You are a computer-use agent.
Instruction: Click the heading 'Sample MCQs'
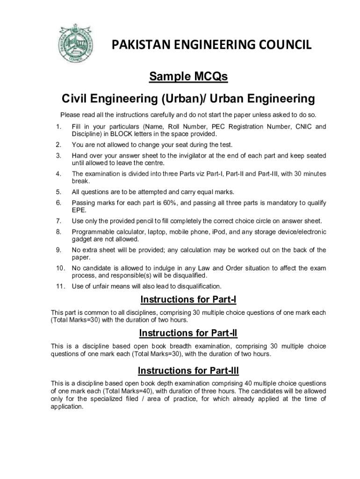pos(188,76)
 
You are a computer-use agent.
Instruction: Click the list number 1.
pos(58,127)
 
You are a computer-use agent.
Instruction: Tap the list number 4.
pos(58,174)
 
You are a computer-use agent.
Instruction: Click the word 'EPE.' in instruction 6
pos(79,210)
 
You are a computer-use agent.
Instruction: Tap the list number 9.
pos(58,250)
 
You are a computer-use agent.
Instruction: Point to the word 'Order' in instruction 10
pos(237,269)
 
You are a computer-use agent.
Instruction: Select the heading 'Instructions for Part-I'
pos(188,299)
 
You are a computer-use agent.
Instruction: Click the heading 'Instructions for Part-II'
pos(188,333)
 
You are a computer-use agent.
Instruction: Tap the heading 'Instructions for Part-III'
pos(188,371)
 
